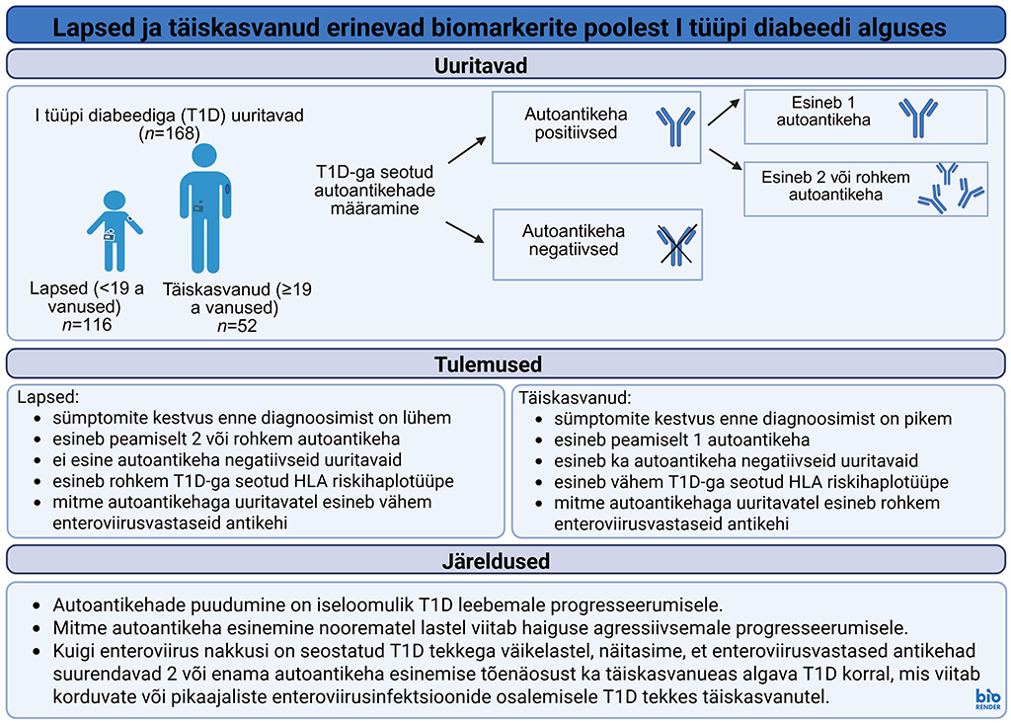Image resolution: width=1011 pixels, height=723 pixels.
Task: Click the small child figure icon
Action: (x=114, y=230)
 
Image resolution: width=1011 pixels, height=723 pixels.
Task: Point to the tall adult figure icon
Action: (x=204, y=207)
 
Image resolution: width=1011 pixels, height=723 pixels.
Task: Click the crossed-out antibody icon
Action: (x=677, y=242)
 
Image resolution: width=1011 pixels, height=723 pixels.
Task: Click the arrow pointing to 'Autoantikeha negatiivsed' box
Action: (x=464, y=232)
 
